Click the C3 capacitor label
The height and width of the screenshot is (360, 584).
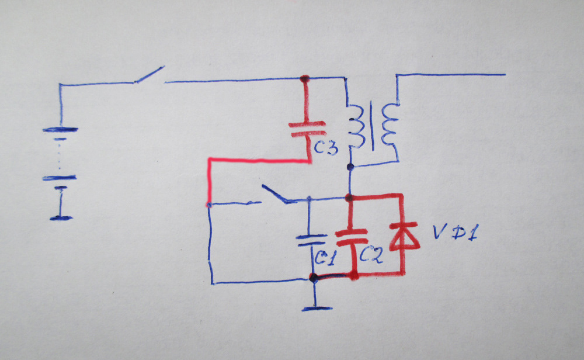[x=325, y=148]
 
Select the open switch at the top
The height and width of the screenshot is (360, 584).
[x=149, y=75]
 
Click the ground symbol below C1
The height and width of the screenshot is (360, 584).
[x=314, y=307]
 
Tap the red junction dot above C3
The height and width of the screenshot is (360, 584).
[x=304, y=79]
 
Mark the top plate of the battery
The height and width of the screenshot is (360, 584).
[x=60, y=130]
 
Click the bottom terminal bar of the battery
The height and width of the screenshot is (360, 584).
[x=61, y=218]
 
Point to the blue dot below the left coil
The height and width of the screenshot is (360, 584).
[x=350, y=168]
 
